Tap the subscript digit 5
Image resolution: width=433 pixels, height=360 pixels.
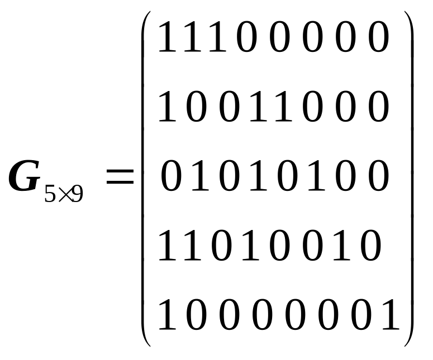coord(50,193)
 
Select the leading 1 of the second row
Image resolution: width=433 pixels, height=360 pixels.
coord(167,107)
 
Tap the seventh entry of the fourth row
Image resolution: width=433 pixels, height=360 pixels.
coord(341,246)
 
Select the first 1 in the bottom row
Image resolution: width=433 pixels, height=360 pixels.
coord(167,315)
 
